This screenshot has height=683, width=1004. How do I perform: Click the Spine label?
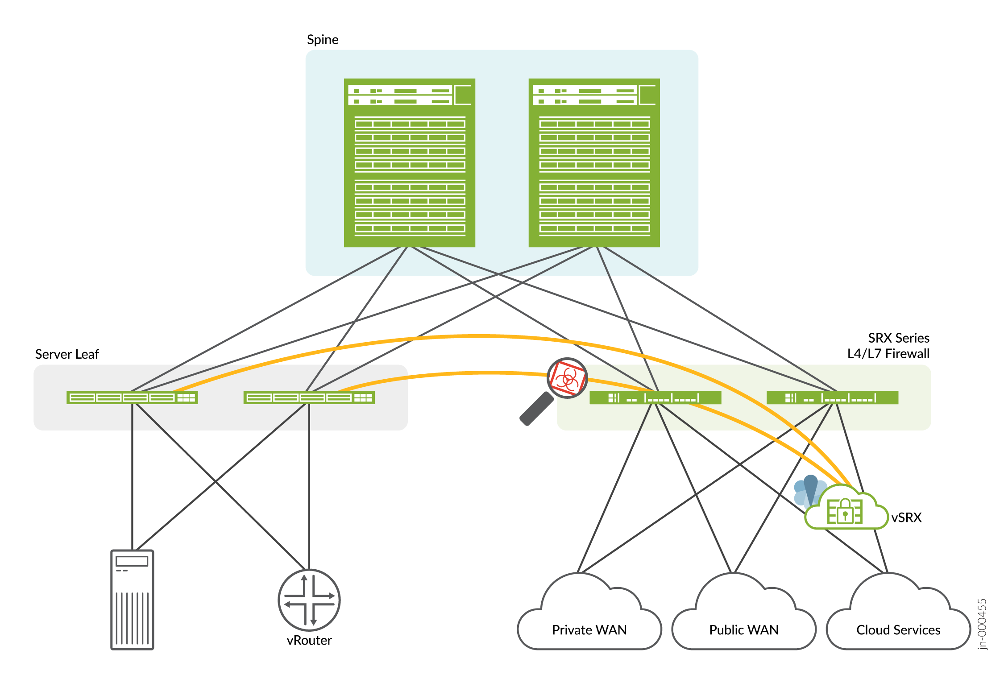(323, 40)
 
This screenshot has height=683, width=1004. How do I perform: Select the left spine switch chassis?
(409, 163)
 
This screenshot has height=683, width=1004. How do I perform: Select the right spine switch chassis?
(594, 163)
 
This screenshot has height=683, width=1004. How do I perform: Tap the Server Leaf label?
(67, 354)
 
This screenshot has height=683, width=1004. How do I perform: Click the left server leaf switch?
(132, 397)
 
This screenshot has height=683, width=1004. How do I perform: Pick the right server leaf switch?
(309, 397)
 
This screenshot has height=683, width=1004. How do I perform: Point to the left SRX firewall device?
(655, 397)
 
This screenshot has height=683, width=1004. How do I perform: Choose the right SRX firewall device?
(832, 397)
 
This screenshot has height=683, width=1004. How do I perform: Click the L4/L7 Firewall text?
(888, 354)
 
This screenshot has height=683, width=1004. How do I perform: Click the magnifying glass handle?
(537, 409)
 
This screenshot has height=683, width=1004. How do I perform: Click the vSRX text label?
(906, 517)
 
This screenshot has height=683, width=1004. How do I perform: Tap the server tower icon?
(132, 600)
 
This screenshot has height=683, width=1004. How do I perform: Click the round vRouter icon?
(309, 600)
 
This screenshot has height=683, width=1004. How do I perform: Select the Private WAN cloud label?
(589, 630)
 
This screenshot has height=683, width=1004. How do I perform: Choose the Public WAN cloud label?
(743, 630)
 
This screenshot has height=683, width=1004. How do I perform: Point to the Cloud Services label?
(898, 630)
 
